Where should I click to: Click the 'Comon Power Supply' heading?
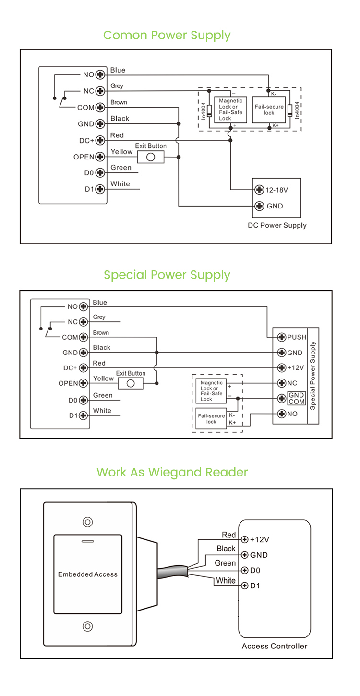[x=167, y=35]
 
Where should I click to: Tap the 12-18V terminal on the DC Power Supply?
[x=260, y=190]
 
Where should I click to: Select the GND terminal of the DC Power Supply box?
[x=260, y=206]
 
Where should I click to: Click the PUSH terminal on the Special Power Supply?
[x=282, y=337]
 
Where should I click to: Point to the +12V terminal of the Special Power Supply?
[x=282, y=368]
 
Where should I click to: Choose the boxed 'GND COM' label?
[x=297, y=398]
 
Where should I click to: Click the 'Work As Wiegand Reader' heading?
[x=172, y=472]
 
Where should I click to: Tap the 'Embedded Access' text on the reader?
[x=87, y=574]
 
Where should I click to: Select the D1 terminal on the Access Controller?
[x=244, y=586]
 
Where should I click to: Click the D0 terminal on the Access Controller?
[x=244, y=570]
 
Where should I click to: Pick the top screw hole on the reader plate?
[x=87, y=522]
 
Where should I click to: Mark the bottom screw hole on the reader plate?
[x=87, y=626]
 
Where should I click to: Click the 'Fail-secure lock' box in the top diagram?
[x=269, y=110]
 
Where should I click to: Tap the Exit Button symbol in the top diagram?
[x=150, y=157]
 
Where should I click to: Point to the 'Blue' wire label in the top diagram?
[x=118, y=70]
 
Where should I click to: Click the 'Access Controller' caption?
[x=274, y=646]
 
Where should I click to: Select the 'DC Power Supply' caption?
[x=277, y=225]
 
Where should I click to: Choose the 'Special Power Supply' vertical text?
[x=313, y=376]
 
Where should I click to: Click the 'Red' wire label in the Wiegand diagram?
[x=228, y=535]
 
